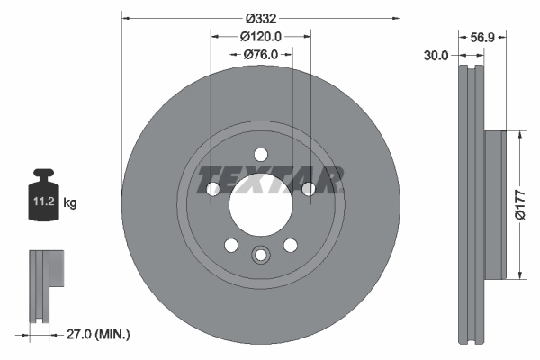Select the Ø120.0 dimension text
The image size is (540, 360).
click(x=261, y=36)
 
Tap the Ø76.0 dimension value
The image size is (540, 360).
click(x=260, y=55)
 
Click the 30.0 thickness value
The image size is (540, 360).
click(x=436, y=56)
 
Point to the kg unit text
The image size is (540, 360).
click(x=69, y=204)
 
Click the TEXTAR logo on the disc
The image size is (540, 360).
click(x=269, y=179)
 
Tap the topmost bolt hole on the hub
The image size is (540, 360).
click(x=260, y=153)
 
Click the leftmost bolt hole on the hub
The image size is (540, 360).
click(x=212, y=189)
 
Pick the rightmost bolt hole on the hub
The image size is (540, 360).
click(x=308, y=189)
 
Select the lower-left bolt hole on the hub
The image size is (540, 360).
click(x=230, y=245)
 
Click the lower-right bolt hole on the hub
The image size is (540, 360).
click(x=290, y=245)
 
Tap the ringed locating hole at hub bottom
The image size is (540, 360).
click(x=260, y=256)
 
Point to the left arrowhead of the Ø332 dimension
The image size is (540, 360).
click(x=125, y=17)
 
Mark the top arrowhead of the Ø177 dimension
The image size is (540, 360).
click(x=519, y=135)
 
